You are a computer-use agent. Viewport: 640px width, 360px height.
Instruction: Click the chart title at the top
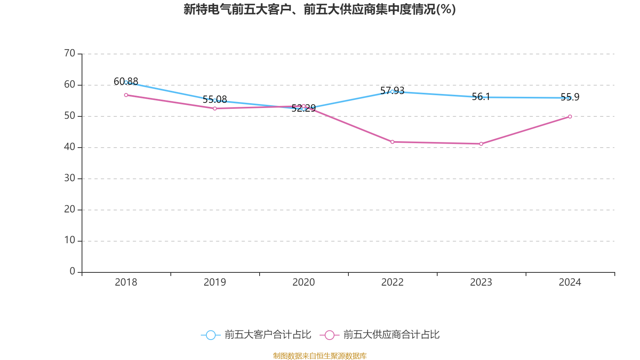[320, 9]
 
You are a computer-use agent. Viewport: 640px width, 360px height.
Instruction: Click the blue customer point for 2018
[126, 82]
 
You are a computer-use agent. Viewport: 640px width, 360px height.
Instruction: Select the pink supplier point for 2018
[126, 95]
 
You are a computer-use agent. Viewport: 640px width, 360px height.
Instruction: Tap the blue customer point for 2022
[392, 92]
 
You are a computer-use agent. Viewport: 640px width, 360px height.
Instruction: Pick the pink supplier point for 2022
[392, 142]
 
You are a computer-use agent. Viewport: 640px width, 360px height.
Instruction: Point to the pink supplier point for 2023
[481, 144]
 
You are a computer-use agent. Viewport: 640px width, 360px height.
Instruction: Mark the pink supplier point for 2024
[570, 117]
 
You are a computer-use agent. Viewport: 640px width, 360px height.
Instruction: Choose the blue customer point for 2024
[570, 98]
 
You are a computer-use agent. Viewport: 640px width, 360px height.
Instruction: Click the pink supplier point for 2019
[215, 108]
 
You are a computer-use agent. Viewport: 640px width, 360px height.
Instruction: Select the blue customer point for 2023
[481, 97]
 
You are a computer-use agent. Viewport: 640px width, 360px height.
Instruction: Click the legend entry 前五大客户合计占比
[256, 335]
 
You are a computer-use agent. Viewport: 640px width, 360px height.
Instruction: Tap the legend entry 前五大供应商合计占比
[380, 335]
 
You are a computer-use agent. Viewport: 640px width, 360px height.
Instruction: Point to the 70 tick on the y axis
[70, 53]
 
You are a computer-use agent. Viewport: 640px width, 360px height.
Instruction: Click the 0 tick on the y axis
[72, 272]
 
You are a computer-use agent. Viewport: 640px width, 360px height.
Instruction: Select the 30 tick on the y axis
[70, 178]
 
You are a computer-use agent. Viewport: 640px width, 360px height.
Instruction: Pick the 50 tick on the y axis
[70, 116]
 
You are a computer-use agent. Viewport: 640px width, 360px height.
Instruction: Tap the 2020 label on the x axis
[304, 282]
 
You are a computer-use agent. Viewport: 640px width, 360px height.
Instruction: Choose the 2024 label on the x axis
[570, 282]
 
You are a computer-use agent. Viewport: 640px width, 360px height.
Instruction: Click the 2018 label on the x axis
[126, 282]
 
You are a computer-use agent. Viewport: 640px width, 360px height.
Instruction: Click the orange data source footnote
[320, 356]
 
